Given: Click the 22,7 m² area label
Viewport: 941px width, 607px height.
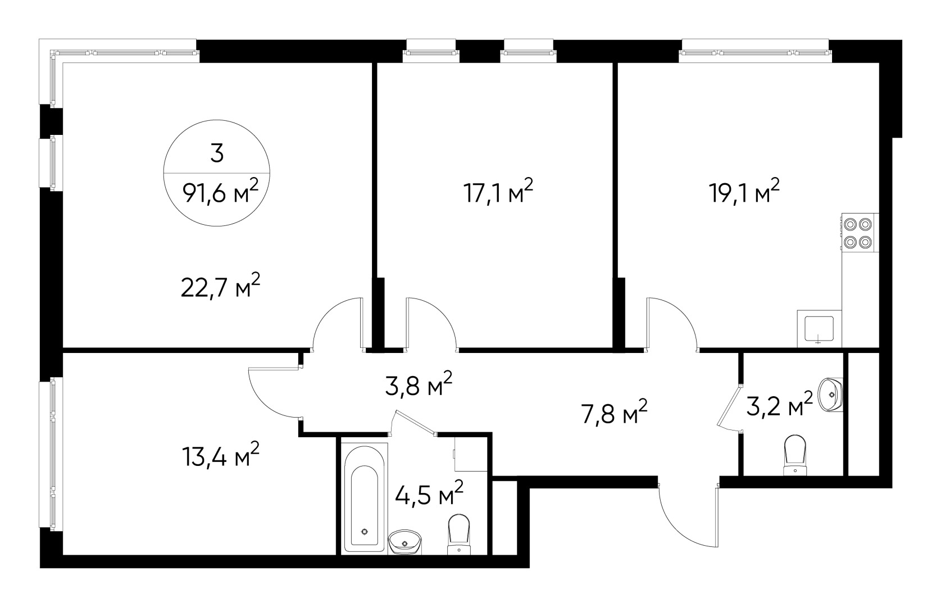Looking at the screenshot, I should pos(220,288).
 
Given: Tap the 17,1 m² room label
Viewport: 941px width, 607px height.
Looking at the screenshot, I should pos(498,194).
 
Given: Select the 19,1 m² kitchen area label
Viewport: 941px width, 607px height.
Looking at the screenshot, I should pos(744,194).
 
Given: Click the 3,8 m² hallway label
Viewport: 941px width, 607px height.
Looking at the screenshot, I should pos(419,385).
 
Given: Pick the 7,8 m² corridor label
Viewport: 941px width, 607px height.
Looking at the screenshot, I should pos(613,414).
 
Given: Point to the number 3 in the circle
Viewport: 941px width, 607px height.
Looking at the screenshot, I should pos(217,153).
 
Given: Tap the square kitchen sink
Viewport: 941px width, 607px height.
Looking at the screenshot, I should pos(819,330).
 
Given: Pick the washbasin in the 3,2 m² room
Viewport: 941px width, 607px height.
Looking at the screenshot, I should pos(830,393).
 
